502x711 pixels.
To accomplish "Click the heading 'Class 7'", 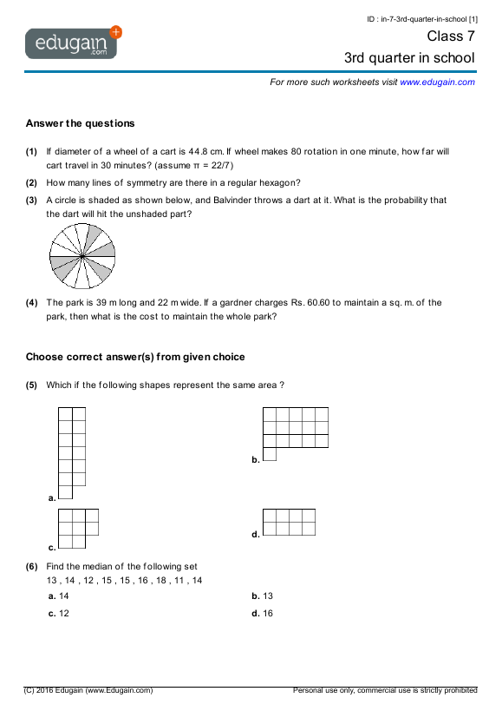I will tap(451, 36).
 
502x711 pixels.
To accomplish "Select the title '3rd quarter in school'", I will tap(409, 58).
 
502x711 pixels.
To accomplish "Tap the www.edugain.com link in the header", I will tap(437, 82).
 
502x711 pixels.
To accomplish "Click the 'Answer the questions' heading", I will tap(80, 123).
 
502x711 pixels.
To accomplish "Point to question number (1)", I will tap(31, 151).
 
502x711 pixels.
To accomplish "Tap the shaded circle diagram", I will tap(82, 257).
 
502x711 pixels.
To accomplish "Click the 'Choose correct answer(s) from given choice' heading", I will tap(135, 357).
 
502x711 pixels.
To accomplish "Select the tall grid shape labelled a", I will tap(72, 452).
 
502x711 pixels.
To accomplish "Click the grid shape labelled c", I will tap(78, 529).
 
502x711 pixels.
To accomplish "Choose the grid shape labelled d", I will tap(289, 522).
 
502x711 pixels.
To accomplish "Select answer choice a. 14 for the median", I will tap(60, 596).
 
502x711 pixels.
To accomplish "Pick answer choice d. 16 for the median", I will tap(263, 613).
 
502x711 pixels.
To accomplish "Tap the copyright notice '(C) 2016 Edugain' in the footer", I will tap(88, 690).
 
